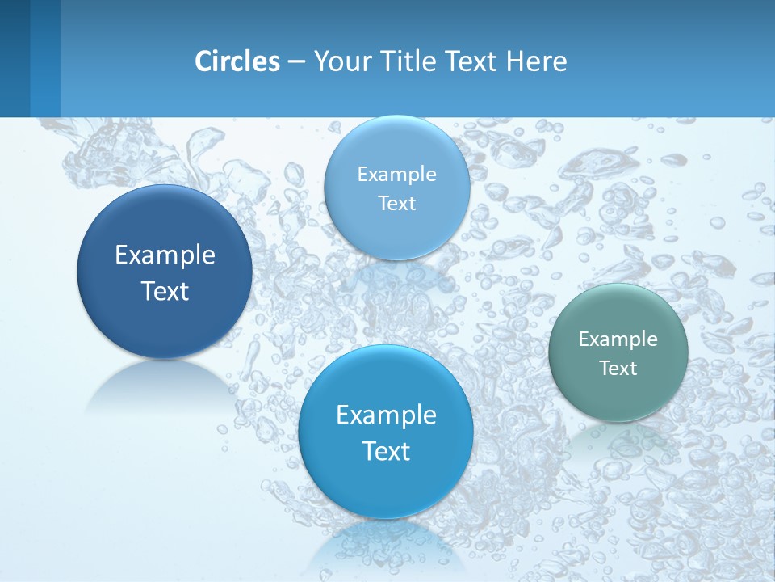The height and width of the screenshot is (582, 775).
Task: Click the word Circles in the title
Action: pyautogui.click(x=237, y=61)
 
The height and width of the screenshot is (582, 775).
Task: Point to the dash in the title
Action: pyautogui.click(x=296, y=62)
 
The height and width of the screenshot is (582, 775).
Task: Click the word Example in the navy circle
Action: pyautogui.click(x=165, y=255)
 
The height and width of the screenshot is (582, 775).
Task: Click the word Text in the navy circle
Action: pyautogui.click(x=165, y=291)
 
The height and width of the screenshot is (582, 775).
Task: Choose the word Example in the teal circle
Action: pyautogui.click(x=618, y=339)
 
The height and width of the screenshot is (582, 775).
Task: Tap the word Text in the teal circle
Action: pyautogui.click(x=618, y=369)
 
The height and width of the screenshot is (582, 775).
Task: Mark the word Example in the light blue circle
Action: pyautogui.click(x=397, y=175)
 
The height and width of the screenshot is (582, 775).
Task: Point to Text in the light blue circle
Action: pyautogui.click(x=397, y=204)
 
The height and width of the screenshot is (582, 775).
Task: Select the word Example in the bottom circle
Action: pyautogui.click(x=386, y=415)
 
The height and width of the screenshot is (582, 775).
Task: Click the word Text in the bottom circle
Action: pyautogui.click(x=386, y=451)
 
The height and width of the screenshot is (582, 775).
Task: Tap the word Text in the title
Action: pyautogui.click(x=471, y=61)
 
